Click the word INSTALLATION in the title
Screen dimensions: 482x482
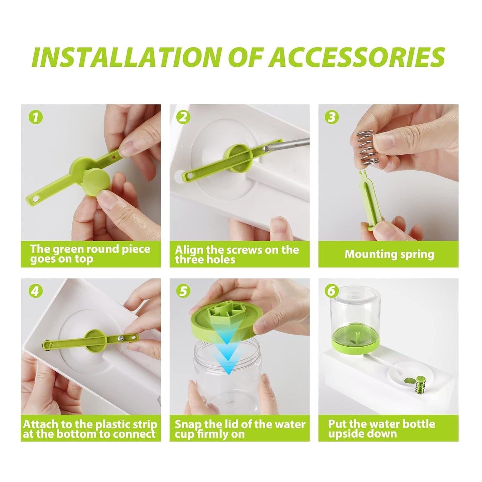click(x=127, y=57)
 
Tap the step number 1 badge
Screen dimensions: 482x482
click(x=36, y=117)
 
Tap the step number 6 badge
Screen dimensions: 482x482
click(x=331, y=291)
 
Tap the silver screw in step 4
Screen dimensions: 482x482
click(x=119, y=338)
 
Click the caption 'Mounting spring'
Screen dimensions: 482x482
click(x=389, y=254)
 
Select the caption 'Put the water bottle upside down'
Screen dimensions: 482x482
click(x=381, y=429)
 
